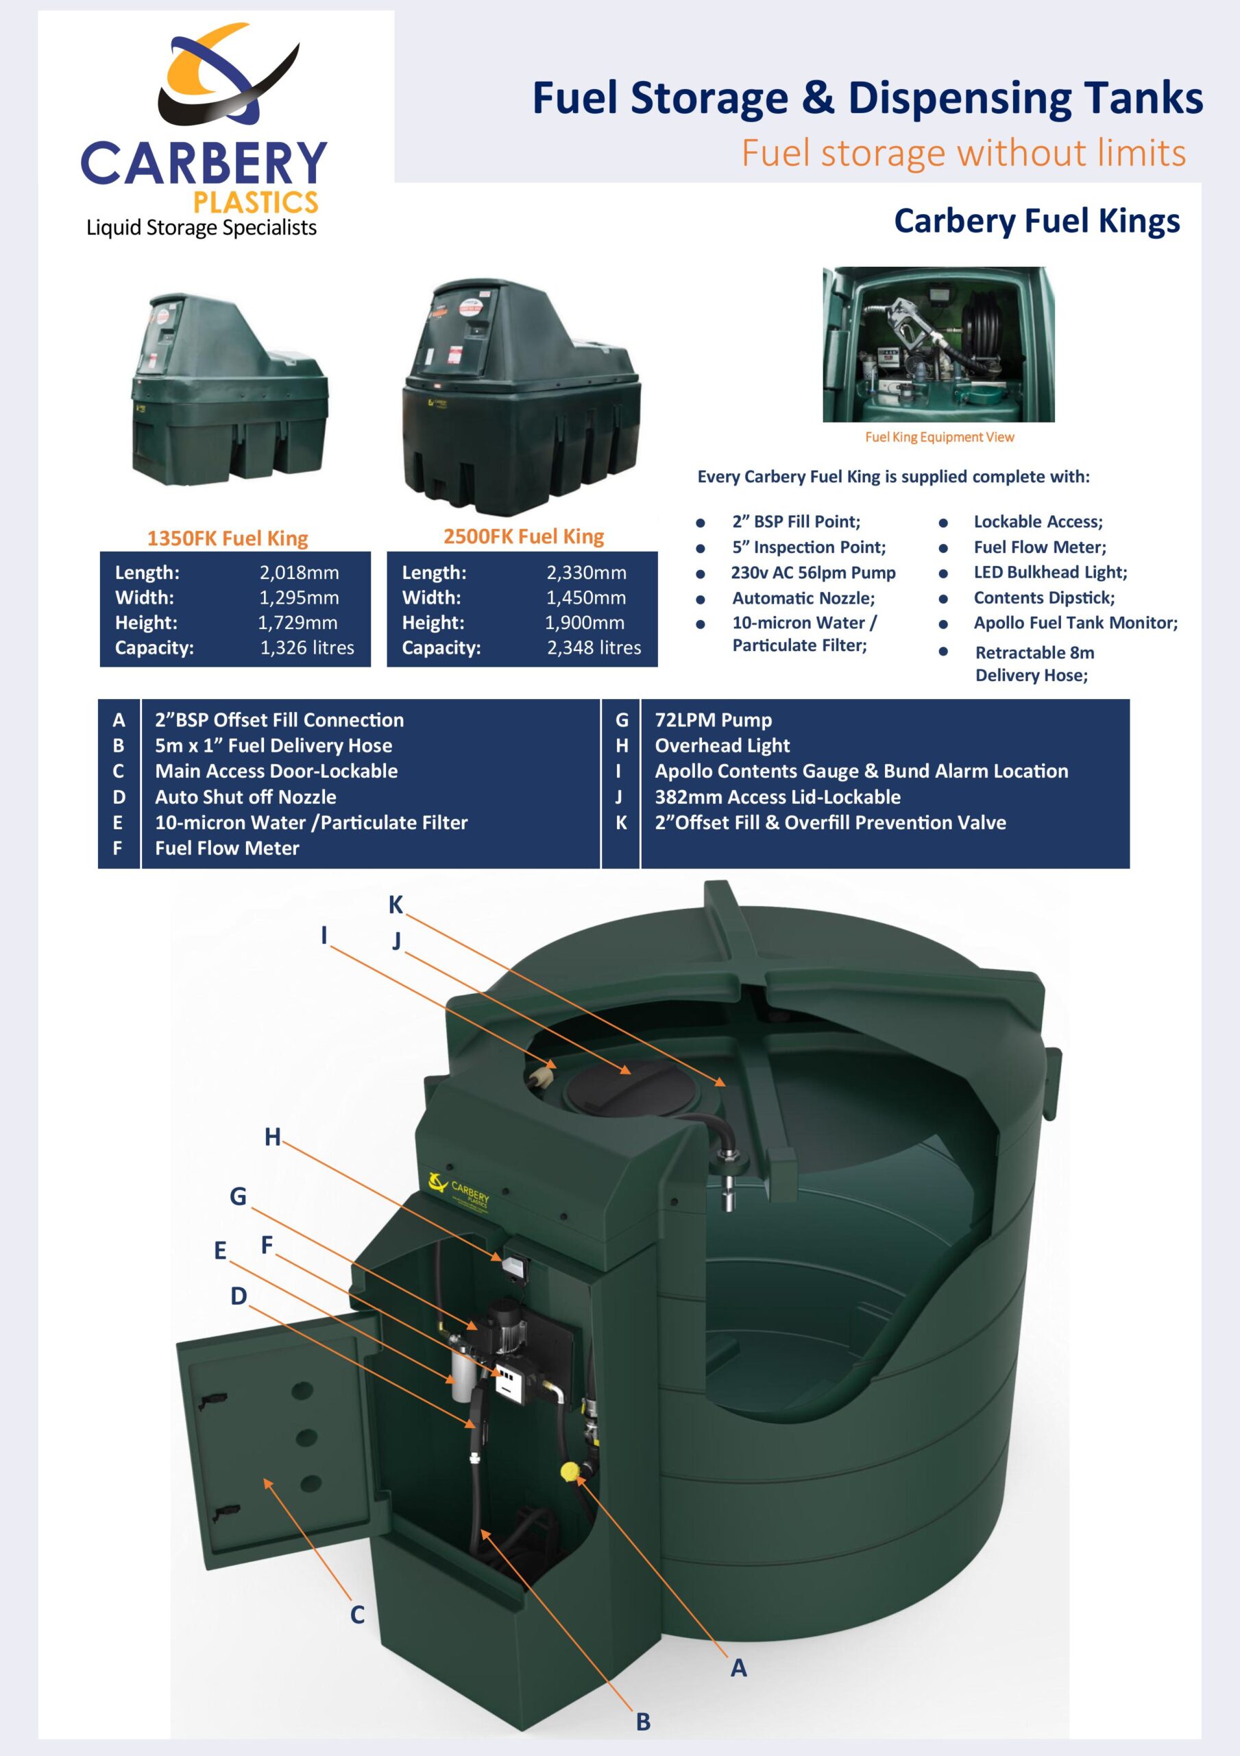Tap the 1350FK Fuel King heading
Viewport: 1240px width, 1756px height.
(228, 538)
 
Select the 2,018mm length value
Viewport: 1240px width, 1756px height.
(299, 573)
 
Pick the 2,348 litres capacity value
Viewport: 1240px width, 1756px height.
(594, 648)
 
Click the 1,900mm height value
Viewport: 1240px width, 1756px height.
(585, 623)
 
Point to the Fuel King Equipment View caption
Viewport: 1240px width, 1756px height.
(940, 438)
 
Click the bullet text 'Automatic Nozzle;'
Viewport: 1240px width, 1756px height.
(803, 598)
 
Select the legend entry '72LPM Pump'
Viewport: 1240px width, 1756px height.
(714, 720)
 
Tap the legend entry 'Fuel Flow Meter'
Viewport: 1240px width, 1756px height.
(227, 849)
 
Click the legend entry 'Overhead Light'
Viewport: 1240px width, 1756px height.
(722, 746)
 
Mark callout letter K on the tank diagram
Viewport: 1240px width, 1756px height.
(396, 905)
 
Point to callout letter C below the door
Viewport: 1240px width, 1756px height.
(357, 1615)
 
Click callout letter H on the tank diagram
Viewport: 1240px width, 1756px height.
(272, 1137)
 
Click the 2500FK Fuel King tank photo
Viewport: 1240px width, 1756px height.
(523, 398)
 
